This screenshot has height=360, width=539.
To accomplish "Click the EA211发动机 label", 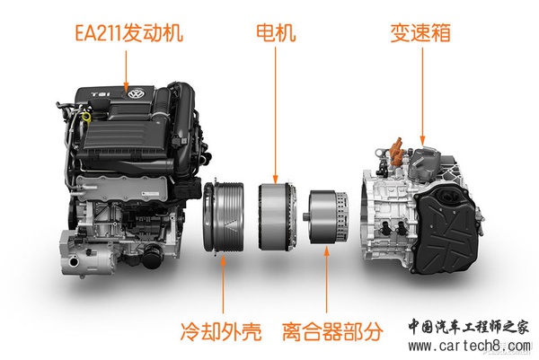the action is coord(128,33).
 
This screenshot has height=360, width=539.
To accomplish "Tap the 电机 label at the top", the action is coord(276,33).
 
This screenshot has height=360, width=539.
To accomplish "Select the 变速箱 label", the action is coord(420,33).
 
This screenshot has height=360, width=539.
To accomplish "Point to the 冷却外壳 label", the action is coord(221,331).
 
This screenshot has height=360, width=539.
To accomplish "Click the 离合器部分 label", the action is coord(332,331).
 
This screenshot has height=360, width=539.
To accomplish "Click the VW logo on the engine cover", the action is coord(135,93).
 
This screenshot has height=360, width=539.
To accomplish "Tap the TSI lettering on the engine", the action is coord(101,93).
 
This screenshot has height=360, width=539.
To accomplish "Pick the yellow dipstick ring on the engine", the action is coord(86,117).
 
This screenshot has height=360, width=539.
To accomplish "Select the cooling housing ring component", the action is coord(223,216).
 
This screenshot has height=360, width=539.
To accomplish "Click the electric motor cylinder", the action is coord(278,216).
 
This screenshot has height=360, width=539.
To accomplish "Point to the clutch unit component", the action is coord(327,217).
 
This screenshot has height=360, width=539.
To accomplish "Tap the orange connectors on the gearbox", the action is coord(396,151).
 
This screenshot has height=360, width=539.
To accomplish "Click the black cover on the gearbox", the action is coord(446,231).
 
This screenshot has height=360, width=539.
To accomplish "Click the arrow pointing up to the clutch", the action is coord(326,279).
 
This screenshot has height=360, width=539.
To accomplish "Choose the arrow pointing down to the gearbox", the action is coord(422,96).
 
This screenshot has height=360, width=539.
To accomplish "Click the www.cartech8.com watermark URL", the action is coord(469,346).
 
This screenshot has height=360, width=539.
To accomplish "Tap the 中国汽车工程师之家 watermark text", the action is coord(468,327).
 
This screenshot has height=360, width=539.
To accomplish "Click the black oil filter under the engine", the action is coord(151,255).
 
